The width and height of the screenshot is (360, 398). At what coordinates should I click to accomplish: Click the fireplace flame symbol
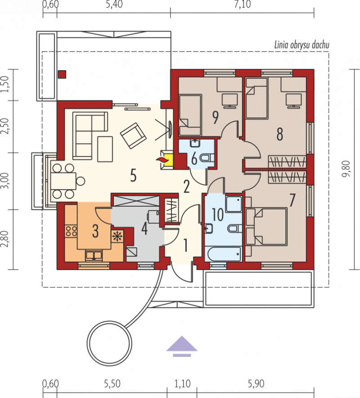point(162,160)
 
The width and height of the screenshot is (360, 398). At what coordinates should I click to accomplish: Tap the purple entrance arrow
point(182,346)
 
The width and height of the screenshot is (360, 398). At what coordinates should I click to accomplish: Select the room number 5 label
point(133,176)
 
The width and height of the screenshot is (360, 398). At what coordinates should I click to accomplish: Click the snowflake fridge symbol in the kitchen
point(117,236)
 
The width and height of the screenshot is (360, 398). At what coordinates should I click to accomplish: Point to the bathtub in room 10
point(224,253)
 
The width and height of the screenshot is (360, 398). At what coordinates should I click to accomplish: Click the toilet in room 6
point(207,158)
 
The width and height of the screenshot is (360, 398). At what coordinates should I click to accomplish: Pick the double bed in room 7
point(266,226)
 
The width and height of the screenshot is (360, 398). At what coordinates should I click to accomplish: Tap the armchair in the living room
point(133,135)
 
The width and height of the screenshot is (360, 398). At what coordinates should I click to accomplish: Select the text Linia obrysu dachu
point(302,45)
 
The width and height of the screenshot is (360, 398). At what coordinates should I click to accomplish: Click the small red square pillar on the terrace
point(62,74)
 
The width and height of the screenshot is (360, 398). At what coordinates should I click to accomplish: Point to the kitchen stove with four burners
point(71,231)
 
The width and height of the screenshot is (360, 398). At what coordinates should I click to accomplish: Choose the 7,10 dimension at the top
point(242,5)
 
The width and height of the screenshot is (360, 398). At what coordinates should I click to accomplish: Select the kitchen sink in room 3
point(94,255)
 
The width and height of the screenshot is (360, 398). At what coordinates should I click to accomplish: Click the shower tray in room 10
point(234,204)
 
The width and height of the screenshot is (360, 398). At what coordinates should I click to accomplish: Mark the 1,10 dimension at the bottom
point(182,384)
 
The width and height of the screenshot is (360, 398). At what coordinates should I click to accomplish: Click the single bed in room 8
point(257,98)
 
